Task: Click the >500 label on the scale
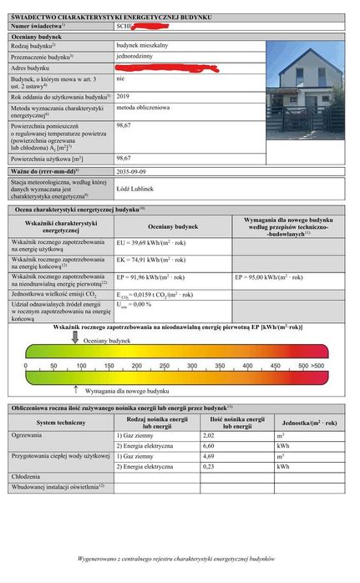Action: click(x=317, y=366)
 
